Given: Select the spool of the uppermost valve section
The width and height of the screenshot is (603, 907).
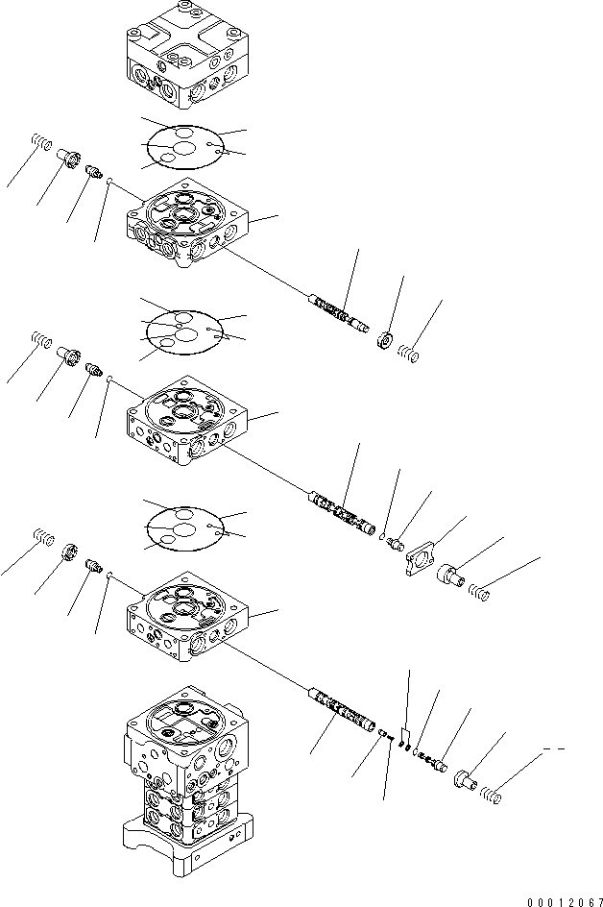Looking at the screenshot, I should click(x=338, y=314).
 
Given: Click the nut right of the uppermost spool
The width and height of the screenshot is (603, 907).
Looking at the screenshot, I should click(x=384, y=339).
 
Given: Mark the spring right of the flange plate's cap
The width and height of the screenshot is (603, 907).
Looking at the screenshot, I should click(x=483, y=596).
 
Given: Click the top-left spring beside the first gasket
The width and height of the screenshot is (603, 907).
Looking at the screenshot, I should click(x=39, y=144).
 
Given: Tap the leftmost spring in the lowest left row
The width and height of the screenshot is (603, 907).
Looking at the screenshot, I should click(x=41, y=536).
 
